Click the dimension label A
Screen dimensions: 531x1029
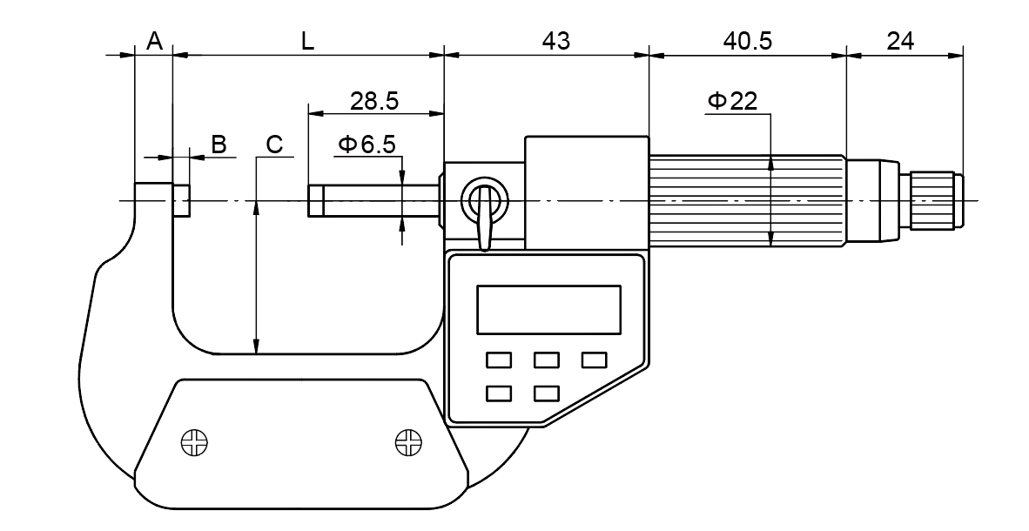[x=154, y=40]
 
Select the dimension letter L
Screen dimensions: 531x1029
[x=307, y=40]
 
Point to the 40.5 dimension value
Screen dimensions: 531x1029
[x=747, y=40]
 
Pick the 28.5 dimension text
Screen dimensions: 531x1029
[x=374, y=100]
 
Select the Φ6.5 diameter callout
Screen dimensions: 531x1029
[x=367, y=145]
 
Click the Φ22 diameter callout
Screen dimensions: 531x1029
[x=732, y=101]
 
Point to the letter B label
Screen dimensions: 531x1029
[x=219, y=145]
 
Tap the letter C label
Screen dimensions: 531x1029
[x=274, y=145]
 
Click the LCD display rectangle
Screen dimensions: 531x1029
[x=548, y=309]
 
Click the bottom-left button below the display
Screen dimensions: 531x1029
[x=499, y=393]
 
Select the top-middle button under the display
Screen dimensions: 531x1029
[x=546, y=360]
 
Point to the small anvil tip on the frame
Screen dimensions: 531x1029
[x=181, y=201]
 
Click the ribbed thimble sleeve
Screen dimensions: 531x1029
[x=746, y=201]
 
